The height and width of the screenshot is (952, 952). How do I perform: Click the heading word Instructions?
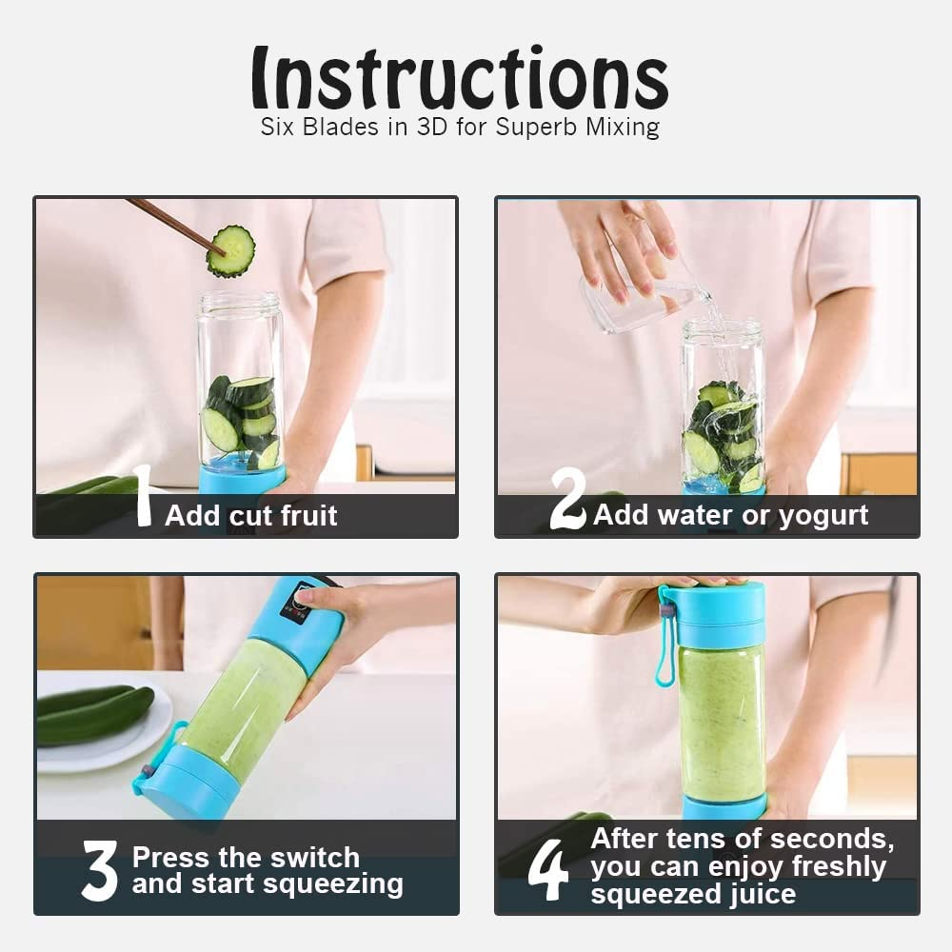coord(460,78)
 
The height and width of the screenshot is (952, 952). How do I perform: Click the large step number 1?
coord(143,495)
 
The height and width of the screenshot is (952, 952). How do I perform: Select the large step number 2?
coord(567,499)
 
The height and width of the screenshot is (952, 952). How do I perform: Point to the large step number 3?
coord(100,870)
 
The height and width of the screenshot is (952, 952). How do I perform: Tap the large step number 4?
coord(547,870)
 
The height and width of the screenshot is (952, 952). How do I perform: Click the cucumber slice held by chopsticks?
coord(230,251)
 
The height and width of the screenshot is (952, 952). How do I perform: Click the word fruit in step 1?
coord(308,515)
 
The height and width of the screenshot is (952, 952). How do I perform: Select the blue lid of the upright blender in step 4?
coord(718,614)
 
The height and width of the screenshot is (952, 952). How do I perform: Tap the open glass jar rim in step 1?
coord(239,300)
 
